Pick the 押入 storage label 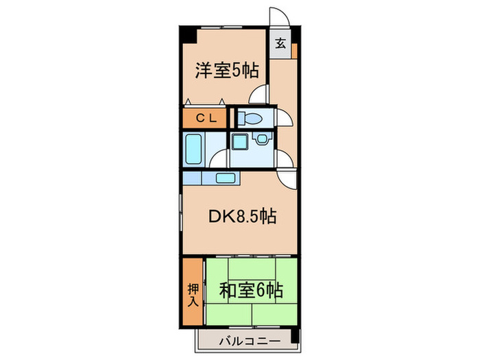[x=193, y=291]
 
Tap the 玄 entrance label [x=280, y=43]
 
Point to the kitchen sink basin [x=226, y=178]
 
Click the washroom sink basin [x=261, y=141]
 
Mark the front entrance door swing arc [x=280, y=16]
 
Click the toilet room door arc [x=284, y=117]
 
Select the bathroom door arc [x=218, y=158]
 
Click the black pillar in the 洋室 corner [x=187, y=33]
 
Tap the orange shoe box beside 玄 [x=293, y=51]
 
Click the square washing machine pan [x=239, y=143]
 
